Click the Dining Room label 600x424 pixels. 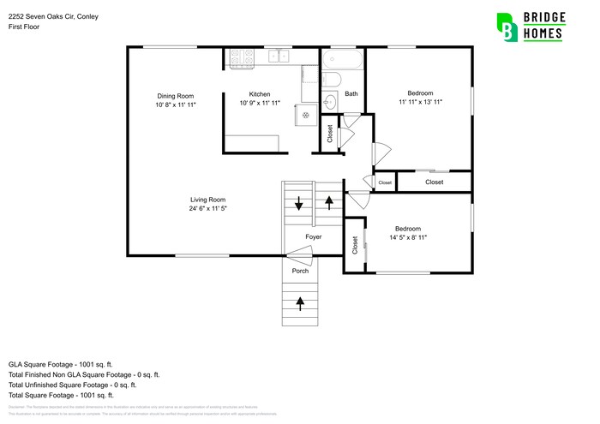[175, 95]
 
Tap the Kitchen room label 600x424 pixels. [260, 94]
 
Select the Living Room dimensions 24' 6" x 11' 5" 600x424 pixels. [213, 209]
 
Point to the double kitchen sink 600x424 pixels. [279, 57]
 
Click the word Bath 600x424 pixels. [351, 94]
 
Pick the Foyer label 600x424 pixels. [314, 236]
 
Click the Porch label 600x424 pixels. [300, 271]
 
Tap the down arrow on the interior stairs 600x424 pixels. [298, 204]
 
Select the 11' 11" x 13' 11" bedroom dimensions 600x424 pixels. [420, 102]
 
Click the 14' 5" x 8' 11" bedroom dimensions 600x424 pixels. [407, 237]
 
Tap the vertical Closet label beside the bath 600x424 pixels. [329, 134]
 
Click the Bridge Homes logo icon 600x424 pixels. [507, 27]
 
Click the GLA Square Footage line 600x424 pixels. [61, 364]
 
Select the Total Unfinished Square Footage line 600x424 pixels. [73, 385]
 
